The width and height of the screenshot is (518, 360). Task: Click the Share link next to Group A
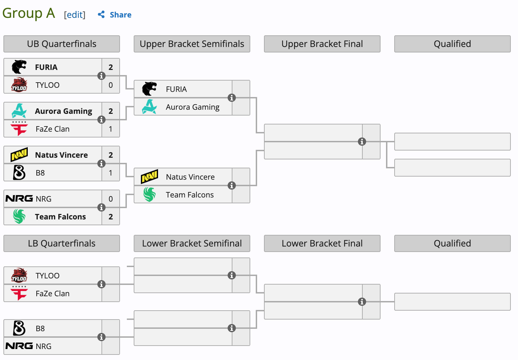tap(115, 15)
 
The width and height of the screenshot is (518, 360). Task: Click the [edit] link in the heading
tap(74, 15)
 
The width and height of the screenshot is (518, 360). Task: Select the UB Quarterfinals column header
tap(62, 44)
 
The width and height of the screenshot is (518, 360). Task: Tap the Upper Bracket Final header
tap(322, 44)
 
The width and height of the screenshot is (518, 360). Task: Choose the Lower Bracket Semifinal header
tap(192, 243)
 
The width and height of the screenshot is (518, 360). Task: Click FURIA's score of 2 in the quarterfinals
tap(110, 67)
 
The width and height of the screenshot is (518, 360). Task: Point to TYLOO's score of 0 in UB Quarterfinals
tap(110, 85)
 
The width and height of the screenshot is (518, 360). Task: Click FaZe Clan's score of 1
tap(110, 129)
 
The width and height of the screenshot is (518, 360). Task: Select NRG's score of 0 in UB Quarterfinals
tap(110, 199)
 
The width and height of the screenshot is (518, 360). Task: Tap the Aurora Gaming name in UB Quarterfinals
tap(63, 111)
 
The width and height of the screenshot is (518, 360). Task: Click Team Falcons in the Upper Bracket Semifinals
tap(190, 195)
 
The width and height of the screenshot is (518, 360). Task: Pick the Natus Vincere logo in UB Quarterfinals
tap(19, 155)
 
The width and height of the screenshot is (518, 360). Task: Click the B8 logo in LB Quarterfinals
tap(19, 328)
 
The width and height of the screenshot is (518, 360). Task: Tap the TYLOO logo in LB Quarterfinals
tap(19, 275)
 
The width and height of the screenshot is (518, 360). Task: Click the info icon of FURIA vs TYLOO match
tap(101, 76)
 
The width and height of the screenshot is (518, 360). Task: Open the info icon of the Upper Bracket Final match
tap(362, 142)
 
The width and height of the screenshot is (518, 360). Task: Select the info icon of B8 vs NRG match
tap(101, 337)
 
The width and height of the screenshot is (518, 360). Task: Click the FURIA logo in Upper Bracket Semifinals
tap(149, 89)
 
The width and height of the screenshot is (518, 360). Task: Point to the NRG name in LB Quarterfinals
tap(44, 346)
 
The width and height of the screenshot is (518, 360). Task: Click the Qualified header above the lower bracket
tap(452, 243)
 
